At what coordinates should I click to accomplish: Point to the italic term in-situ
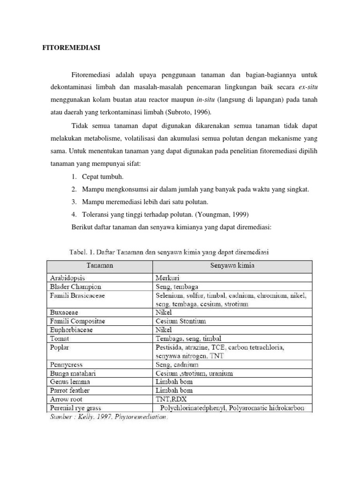[x=206, y=99]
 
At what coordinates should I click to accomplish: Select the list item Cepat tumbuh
[x=103, y=176]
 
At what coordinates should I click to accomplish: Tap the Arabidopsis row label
[x=68, y=278]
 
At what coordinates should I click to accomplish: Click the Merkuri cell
[x=168, y=278]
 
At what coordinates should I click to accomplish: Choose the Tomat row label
[x=59, y=338]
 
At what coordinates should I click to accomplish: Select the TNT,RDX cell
[x=171, y=399]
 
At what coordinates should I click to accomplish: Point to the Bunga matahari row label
[x=71, y=373]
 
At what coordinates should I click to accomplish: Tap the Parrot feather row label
[x=69, y=390]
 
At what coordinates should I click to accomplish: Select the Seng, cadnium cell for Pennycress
[x=177, y=365]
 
